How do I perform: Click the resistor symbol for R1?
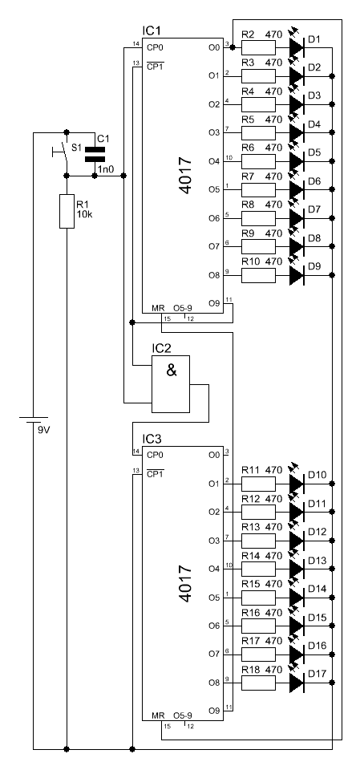coord(67,211)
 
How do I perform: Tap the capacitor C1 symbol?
coord(95,154)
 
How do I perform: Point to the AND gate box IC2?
coord(171,384)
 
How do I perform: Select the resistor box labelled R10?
coord(258,275)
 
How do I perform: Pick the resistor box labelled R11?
coord(258,484)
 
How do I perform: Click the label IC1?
coord(152,31)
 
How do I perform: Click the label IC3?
coord(152,439)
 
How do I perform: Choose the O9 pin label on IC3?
coord(213,710)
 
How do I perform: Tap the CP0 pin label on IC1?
coord(155,47)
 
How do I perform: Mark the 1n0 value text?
coord(105,169)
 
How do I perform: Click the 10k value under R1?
coord(84,215)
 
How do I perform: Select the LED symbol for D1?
coord(297,47)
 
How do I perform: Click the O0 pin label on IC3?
coord(213,456)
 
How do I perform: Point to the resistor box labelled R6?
coord(258,161)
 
